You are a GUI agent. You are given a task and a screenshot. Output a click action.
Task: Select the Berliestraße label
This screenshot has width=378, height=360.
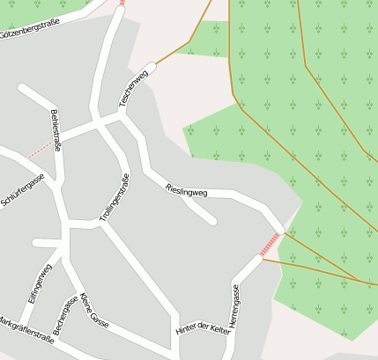pyautogui.click(x=56, y=130)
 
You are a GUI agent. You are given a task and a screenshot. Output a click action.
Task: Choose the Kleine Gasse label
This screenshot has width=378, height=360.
pyautogui.click(x=93, y=310)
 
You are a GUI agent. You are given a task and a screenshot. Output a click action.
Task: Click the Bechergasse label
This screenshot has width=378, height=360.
pyautogui.click(x=64, y=313)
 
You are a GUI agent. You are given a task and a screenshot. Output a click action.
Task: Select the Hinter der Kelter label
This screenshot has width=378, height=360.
pyautogui.click(x=203, y=329)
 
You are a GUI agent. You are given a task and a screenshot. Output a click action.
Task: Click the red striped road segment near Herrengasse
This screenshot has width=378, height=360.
pyautogui.click(x=271, y=244)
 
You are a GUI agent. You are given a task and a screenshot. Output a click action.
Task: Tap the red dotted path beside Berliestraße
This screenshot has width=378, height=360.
pyautogui.click(x=40, y=150)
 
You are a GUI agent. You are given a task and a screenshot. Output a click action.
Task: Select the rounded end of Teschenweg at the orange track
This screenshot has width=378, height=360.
pyautogui.click(x=152, y=66)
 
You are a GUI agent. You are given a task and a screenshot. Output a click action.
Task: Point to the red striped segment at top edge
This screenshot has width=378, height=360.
pyautogui.click(x=122, y=3)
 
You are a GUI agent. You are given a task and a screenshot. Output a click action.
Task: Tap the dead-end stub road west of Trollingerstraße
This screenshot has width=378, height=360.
pyautogui.click(x=36, y=243)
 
